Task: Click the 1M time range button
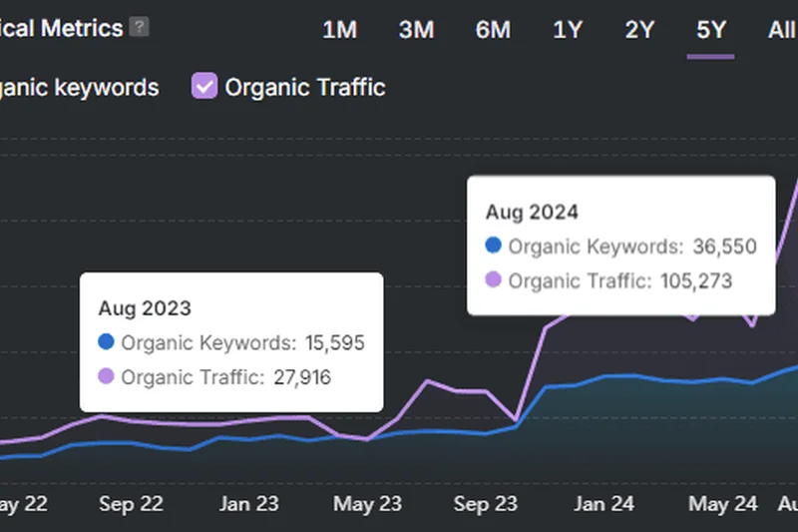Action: point(339,30)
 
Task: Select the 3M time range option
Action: point(416,30)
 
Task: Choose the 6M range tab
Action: point(493,30)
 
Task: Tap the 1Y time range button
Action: point(568,30)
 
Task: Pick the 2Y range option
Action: point(639,30)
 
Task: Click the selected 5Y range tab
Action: point(711,30)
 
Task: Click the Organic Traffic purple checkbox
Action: point(204,87)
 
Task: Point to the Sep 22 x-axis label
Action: point(131,504)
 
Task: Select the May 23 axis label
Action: point(366,504)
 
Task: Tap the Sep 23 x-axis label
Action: point(486,504)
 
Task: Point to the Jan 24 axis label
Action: point(603,504)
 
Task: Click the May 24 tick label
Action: point(722,504)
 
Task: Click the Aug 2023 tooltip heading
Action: point(145,308)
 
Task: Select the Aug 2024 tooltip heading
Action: point(532,212)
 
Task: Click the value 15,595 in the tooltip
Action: point(334,343)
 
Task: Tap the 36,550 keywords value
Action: point(725,247)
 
